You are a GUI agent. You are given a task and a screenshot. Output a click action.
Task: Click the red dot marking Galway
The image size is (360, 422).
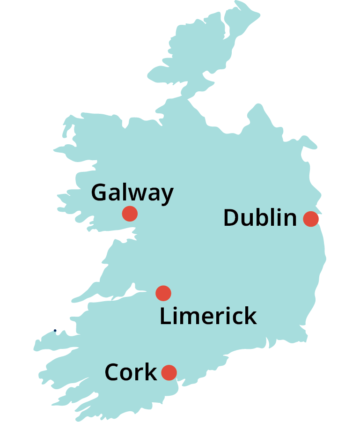(x=130, y=214)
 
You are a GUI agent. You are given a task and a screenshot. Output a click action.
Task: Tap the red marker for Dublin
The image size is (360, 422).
(x=311, y=219)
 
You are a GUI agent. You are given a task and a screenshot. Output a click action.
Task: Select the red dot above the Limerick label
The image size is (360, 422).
(x=163, y=293)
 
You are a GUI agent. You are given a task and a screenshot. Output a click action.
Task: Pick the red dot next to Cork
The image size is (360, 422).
(x=169, y=373)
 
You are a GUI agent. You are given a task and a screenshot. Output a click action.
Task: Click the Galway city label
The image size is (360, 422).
(x=132, y=193)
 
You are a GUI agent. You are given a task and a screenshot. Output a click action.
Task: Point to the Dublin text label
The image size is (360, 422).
(x=260, y=218)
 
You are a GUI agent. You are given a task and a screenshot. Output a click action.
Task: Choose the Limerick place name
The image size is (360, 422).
(x=208, y=316)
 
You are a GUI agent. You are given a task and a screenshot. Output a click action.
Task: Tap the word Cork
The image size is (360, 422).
(x=131, y=373)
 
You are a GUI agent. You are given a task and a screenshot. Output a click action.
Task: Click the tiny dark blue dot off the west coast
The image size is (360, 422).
(x=55, y=331)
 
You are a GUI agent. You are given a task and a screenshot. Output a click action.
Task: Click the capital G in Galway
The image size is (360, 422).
(x=100, y=192)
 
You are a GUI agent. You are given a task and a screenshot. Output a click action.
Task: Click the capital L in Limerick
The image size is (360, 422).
(x=166, y=317)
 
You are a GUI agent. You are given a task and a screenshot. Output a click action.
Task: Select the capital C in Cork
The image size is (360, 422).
(x=113, y=373)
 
